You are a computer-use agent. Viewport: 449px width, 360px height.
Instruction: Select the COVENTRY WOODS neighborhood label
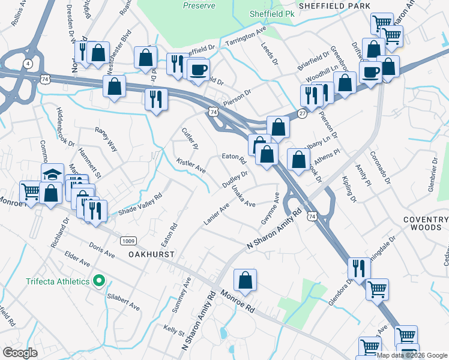(x=426, y=224)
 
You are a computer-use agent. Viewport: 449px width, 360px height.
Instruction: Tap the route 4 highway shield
(x=28, y=63)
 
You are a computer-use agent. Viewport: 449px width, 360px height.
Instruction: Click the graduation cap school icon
(x=52, y=175)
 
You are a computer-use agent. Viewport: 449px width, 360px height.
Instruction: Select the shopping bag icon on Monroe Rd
(x=245, y=280)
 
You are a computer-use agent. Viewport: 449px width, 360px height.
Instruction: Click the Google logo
(x=20, y=352)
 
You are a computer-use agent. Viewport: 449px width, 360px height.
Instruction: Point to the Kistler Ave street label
(x=191, y=166)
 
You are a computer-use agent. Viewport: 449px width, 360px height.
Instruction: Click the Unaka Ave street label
(x=243, y=196)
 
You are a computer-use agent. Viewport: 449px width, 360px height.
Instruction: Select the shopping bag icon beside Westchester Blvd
(x=114, y=86)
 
